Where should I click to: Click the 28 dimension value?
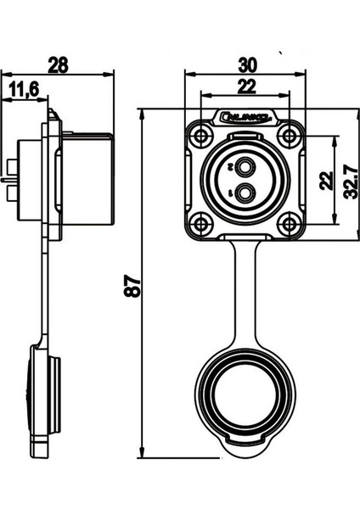click(x=59, y=64)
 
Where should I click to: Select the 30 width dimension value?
click(x=245, y=64)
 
